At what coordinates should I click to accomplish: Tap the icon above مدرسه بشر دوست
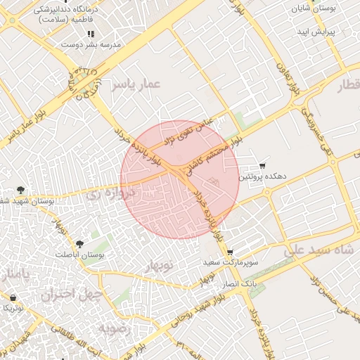(x=90, y=34)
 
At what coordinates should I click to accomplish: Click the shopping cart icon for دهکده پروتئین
(x=262, y=166)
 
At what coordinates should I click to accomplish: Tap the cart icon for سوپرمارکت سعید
(x=229, y=252)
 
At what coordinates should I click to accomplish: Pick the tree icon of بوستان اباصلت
(x=79, y=245)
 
